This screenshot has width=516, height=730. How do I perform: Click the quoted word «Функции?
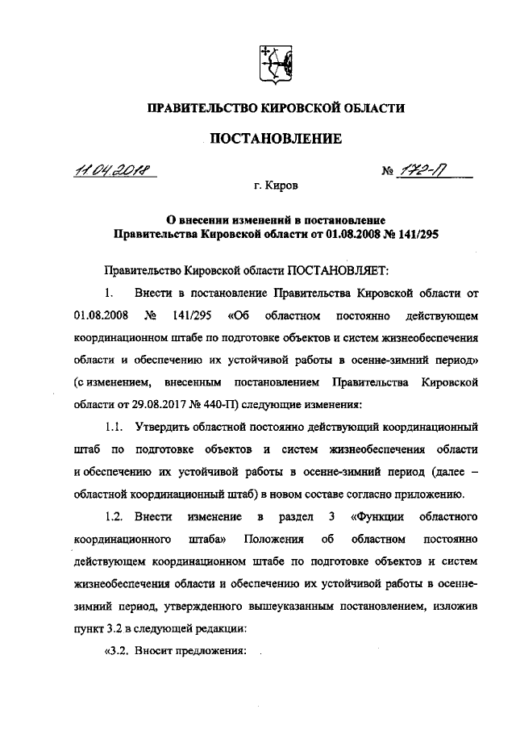(377, 515)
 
